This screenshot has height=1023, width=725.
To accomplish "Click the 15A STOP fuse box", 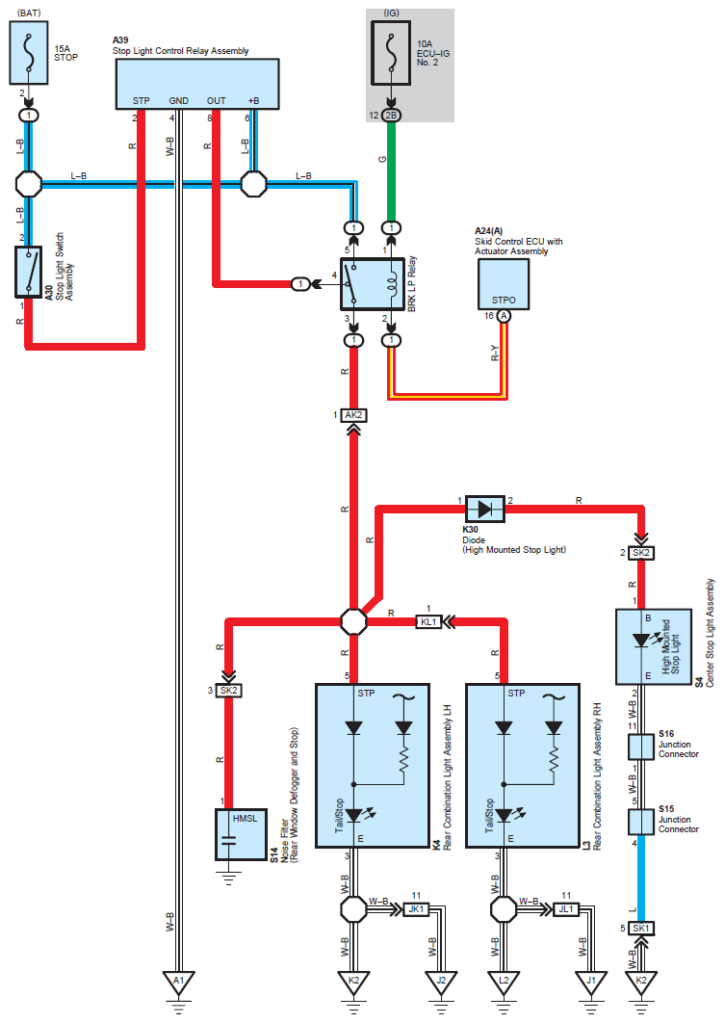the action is coord(29,53).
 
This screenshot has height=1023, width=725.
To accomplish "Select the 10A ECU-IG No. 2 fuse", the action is coord(391,53).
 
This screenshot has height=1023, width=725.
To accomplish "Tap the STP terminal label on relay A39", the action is coord(141,100).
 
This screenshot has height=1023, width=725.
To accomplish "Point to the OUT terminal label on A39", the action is coord(216,100).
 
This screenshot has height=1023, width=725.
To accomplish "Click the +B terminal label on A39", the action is coord(253,100).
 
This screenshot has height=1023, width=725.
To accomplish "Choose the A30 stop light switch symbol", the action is coord(28,272).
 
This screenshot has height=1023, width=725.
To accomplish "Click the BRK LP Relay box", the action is coord(373,284).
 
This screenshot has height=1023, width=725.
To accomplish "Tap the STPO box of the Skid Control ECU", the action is coord(504,284).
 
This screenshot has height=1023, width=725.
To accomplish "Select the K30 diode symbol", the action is coord(484,509).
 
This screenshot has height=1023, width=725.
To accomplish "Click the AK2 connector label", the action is coord(353,415).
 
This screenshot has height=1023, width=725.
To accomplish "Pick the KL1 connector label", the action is coord(428,621).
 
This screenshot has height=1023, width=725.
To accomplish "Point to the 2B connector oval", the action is coord(391,116).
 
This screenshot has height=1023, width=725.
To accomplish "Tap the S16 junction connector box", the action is coord(641,748).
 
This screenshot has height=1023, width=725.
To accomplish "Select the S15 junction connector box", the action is coord(641,822).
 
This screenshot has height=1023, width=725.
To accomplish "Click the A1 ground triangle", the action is coord(179,982).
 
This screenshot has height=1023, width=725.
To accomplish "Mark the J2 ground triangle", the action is coord(441,982).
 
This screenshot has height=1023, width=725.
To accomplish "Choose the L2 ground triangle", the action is coord(504,982).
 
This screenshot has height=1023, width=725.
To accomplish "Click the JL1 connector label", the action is coord(566,909).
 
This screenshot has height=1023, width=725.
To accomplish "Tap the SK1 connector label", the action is coord(641,929).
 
